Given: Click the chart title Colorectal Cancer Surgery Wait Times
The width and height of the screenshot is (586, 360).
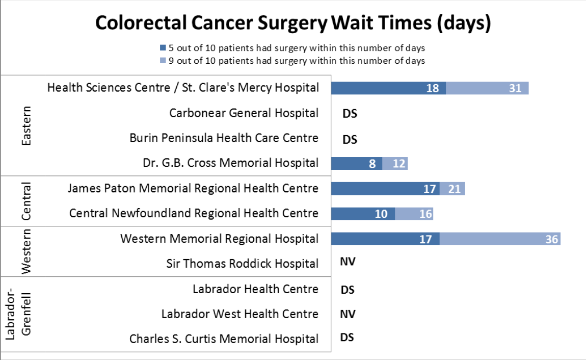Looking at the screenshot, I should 293,23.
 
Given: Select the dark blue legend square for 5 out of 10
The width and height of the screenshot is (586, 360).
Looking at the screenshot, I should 163,48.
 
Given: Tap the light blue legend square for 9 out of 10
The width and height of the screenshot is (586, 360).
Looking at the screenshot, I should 163,61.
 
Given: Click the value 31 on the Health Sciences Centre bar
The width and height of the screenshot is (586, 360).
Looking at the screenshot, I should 515,88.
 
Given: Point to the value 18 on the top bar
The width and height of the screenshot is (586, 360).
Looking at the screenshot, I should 432,88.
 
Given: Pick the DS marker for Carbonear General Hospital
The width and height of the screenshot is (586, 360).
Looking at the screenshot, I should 350,114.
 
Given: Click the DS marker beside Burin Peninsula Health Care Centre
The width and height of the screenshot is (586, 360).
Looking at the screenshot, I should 350,139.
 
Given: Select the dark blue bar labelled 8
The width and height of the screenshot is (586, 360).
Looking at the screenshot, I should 357,164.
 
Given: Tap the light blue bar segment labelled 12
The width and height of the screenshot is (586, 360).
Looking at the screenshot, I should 395,164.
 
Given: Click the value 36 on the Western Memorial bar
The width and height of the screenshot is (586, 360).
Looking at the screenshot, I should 552,239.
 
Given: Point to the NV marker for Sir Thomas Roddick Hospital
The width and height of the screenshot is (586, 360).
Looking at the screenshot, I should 348,262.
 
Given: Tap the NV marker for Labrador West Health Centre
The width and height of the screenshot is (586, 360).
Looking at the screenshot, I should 348,314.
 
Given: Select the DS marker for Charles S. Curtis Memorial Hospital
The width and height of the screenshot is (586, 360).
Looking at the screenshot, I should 348,338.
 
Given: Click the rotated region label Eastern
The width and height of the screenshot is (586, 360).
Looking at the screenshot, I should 26,126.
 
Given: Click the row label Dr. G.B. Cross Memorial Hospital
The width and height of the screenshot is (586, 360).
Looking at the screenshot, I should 230,163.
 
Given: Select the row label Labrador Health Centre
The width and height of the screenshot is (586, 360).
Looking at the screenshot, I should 255,289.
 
